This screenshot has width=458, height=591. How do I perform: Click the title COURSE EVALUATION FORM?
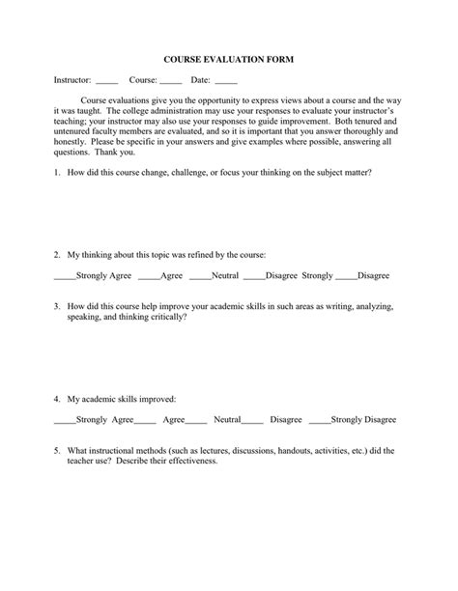coord(228,59)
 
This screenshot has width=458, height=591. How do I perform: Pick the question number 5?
coord(57,450)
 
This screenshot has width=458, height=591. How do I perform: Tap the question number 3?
coord(57,305)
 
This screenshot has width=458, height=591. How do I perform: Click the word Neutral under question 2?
coord(225,275)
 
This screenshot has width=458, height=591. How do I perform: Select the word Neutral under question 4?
coord(227,420)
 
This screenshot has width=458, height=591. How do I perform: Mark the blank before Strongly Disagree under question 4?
coord(319,422)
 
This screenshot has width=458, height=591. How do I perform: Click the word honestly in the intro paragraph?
coord(72,141)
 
